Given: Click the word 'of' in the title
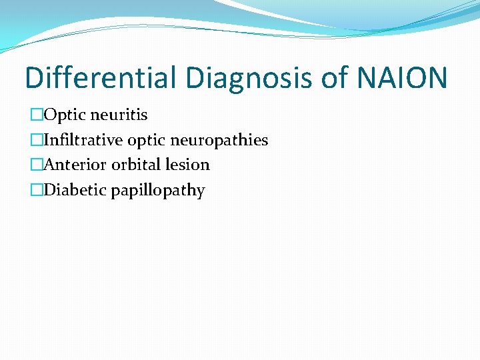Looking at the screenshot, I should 338,78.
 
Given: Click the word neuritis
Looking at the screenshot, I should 119,115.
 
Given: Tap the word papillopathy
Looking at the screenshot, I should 157,191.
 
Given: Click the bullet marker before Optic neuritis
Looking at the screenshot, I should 36,115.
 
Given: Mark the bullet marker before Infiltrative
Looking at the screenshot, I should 36,141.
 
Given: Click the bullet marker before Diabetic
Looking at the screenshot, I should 36,191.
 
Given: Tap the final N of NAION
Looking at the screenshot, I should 436,78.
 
